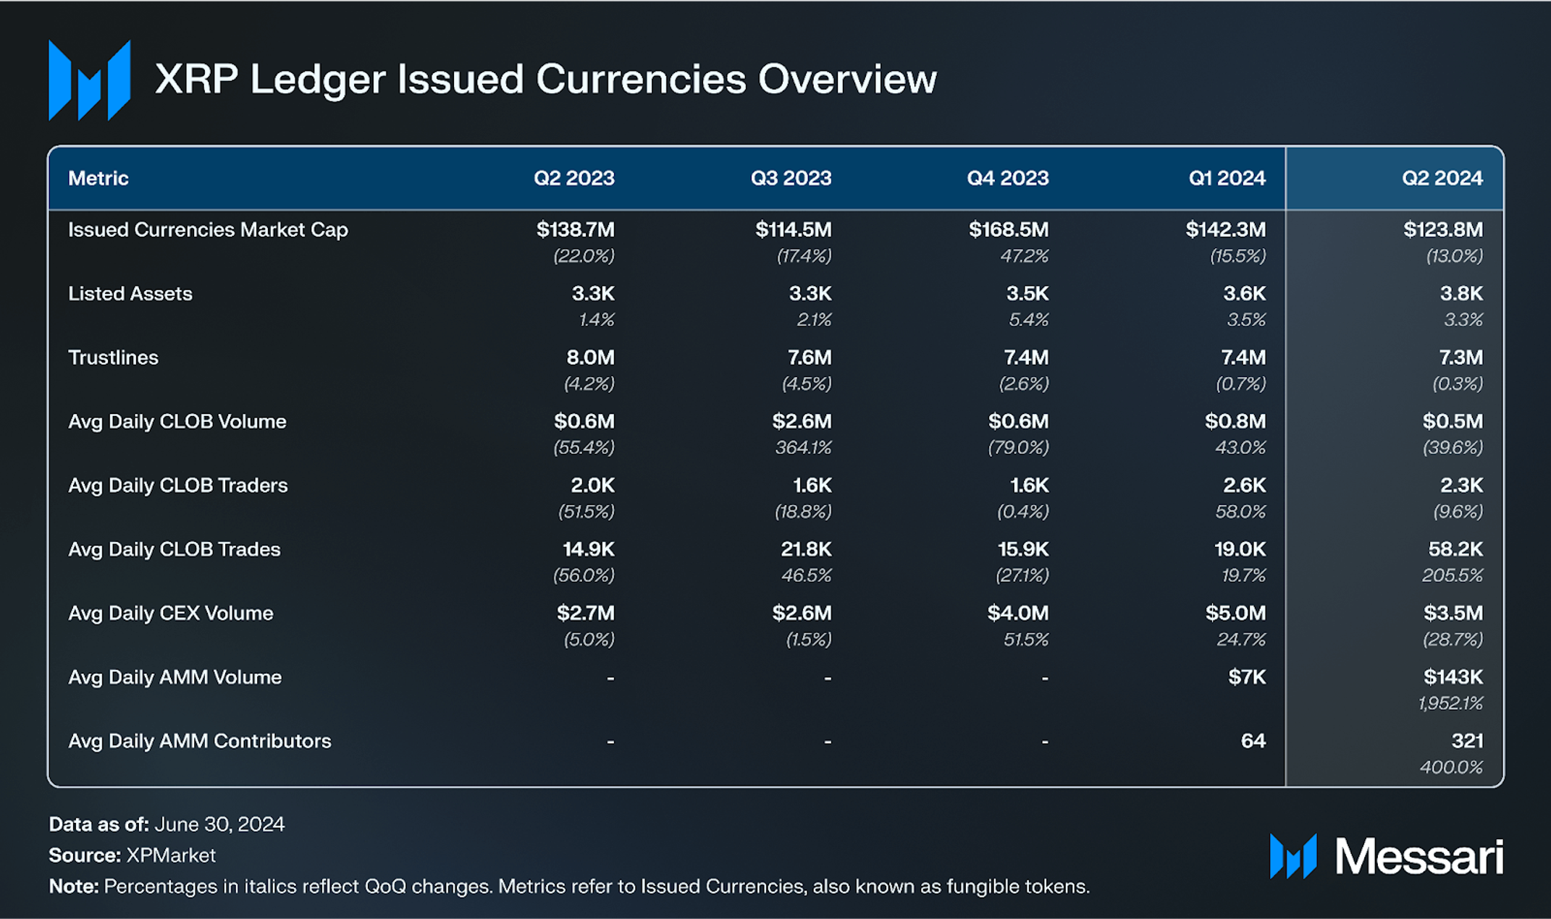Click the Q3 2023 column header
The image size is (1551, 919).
791,178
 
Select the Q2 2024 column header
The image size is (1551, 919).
1442,178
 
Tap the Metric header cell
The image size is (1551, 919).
98,178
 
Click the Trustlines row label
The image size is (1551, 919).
113,357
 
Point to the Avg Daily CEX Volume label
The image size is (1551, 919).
171,613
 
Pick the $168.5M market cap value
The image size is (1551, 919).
1009,229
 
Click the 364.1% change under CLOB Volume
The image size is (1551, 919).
803,447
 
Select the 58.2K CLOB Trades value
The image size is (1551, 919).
1455,549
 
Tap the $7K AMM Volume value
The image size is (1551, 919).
1247,677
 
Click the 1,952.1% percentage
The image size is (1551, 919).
1450,703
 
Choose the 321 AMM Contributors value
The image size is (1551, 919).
1467,741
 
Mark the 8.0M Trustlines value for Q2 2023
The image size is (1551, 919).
590,357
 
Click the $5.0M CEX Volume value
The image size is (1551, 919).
1235,613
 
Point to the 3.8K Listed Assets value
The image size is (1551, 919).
1461,294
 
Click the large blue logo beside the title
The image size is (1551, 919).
89,80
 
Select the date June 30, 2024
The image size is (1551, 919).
219,824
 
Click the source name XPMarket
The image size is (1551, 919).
171,855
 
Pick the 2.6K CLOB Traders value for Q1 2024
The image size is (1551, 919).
1244,486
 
